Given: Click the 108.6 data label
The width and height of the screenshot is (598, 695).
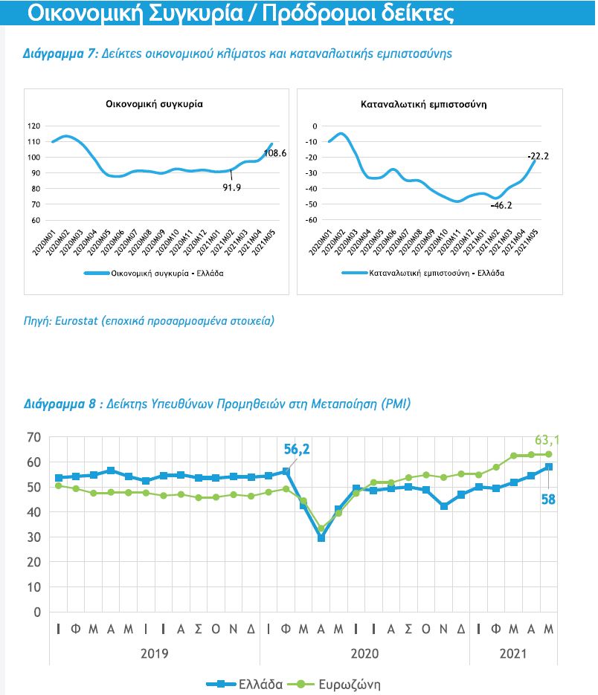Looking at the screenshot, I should coord(275,153).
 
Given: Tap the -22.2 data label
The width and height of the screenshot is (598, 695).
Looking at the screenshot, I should coord(537,156).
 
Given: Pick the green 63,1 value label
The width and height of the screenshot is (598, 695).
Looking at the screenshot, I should coord(547,440).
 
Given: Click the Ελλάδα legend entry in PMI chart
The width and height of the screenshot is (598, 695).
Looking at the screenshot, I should coord(259,685).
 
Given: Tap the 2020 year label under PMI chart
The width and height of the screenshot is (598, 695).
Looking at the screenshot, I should coord(364,653).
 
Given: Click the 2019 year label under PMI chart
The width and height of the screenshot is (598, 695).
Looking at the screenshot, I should coord(154,653).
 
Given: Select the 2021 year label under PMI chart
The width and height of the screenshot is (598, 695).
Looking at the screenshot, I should coord(512,653).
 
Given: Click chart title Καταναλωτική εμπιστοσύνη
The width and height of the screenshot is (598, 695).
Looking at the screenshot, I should coord(429,105).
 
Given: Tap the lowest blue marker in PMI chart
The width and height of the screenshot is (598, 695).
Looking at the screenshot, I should coord(321,537).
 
